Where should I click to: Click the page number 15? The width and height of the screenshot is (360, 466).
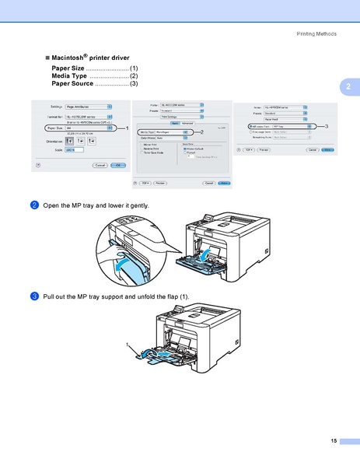(x=333, y=441)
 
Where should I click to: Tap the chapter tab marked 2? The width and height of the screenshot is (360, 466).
(x=349, y=86)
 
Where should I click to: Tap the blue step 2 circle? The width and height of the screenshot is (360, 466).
(x=35, y=205)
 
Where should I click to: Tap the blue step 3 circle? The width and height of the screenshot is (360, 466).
(x=35, y=296)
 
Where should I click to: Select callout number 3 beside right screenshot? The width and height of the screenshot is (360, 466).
(x=327, y=125)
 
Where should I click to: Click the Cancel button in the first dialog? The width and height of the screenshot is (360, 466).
(x=100, y=165)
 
